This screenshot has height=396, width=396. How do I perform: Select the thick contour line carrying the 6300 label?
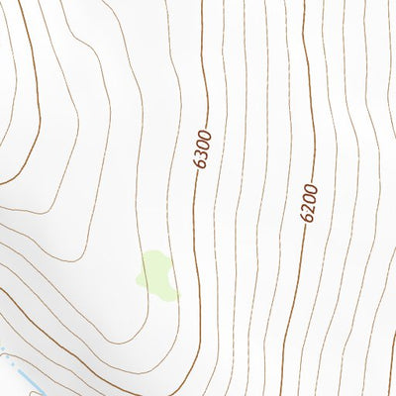[197, 247]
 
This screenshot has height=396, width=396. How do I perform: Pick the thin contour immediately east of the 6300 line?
[220, 247]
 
